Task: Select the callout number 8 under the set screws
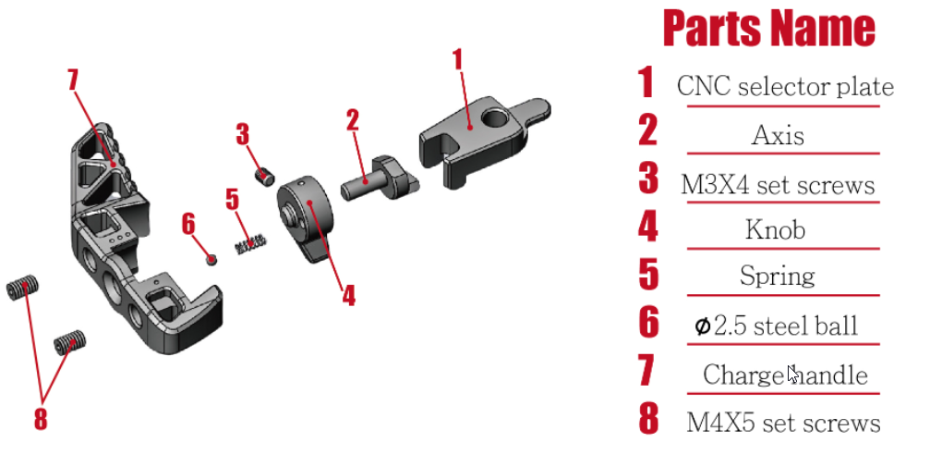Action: [41, 418]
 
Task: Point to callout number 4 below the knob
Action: [348, 295]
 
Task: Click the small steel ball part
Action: [211, 258]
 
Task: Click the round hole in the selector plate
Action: [496, 118]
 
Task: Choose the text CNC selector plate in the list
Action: [785, 87]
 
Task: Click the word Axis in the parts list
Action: [778, 136]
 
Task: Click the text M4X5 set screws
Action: [783, 423]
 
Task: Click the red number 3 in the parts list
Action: [648, 179]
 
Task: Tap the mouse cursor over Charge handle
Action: [791, 374]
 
